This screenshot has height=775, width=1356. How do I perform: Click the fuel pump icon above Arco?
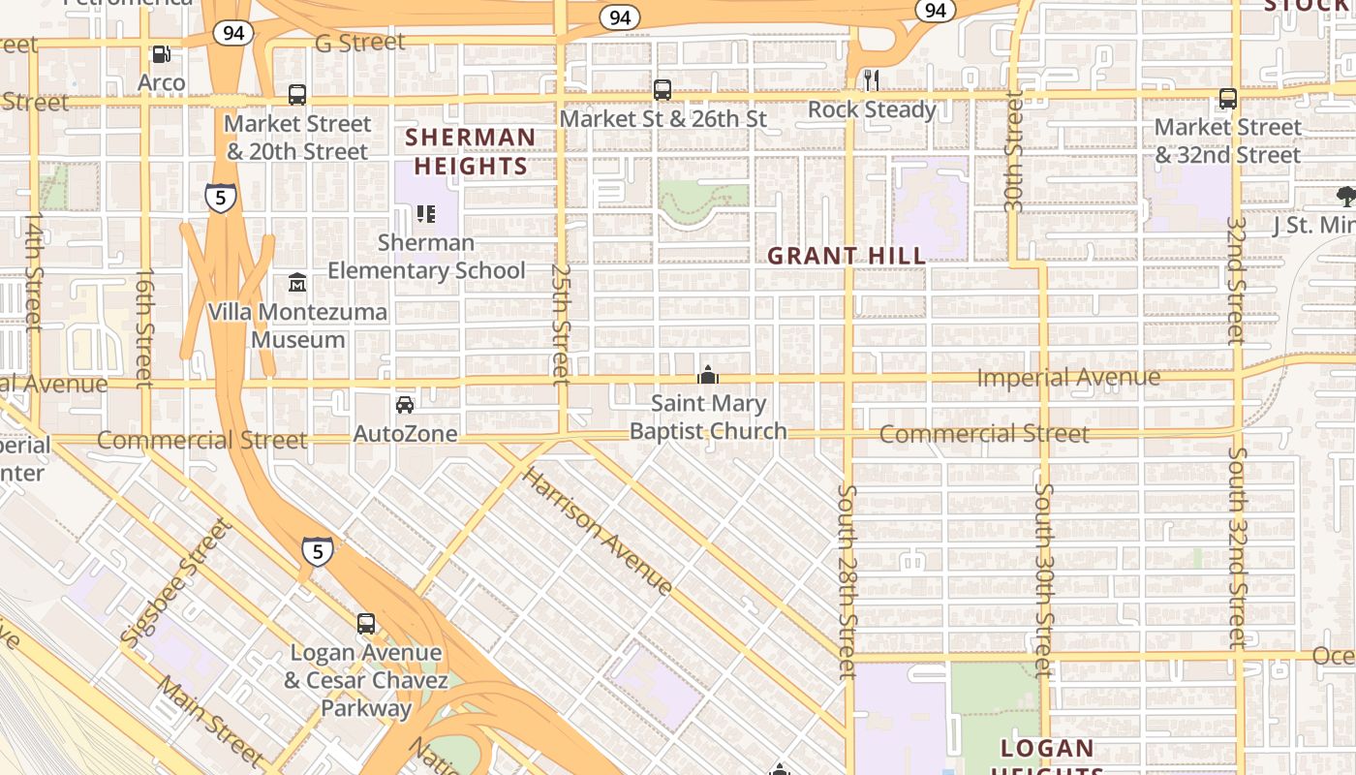click(162, 54)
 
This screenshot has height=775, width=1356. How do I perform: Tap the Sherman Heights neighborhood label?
click(471, 151)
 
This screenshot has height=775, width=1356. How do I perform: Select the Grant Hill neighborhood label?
click(847, 256)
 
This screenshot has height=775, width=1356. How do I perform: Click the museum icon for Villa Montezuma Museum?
click(297, 283)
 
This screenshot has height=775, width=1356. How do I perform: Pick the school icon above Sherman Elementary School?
click(425, 213)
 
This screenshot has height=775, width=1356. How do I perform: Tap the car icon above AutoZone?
click(405, 404)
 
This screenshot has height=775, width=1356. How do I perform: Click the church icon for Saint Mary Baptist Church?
click(708, 375)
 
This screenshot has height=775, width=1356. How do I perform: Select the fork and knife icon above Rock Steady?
click(872, 80)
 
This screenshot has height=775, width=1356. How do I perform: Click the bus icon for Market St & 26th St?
click(663, 90)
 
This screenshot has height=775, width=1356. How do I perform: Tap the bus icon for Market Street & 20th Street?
click(297, 95)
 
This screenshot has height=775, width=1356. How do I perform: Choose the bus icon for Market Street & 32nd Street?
click(1227, 98)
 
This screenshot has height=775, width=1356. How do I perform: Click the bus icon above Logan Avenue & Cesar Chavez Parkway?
click(366, 624)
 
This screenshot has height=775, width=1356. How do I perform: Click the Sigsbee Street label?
click(176, 582)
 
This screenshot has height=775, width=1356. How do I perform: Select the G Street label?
click(359, 43)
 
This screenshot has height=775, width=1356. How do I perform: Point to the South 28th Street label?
click(847, 581)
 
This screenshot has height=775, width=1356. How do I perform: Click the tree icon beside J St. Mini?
click(1345, 197)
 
